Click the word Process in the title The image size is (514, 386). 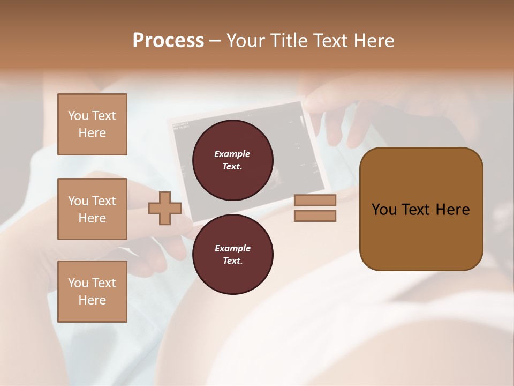pos(168,41)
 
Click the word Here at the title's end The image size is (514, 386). pos(373,41)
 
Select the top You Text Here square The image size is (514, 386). pos(92,124)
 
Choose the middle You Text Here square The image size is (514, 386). pos(92,209)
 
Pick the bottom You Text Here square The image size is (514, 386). pos(92,291)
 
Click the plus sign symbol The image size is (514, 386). pos(165,208)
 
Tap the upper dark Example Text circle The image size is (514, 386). pos(232,160)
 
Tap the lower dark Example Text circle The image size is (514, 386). pos(232,254)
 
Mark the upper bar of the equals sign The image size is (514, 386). pos(315,200)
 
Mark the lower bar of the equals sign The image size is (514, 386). pos(315,216)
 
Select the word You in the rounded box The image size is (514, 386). pos(384,210)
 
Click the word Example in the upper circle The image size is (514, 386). pos(232,154)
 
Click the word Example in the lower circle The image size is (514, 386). pos(232,248)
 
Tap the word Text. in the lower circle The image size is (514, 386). pos(232,261)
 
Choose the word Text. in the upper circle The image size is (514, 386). pos(232,166)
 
